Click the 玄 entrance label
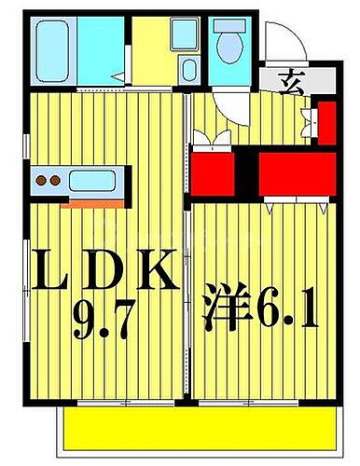[290, 79]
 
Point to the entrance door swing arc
[280, 42]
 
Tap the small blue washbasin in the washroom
[188, 70]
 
